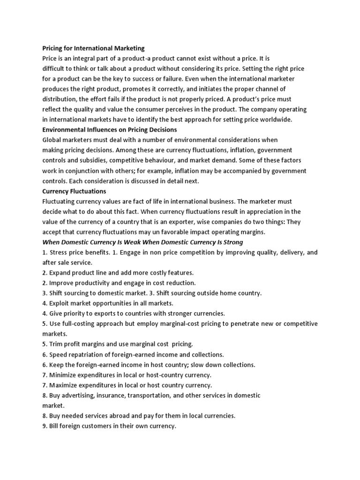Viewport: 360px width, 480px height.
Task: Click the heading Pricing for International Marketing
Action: pos(94,48)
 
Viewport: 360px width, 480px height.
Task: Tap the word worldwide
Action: pos(275,120)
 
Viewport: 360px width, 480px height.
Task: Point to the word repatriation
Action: pos(85,354)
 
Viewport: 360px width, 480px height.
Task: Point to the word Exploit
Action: pos(60,303)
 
